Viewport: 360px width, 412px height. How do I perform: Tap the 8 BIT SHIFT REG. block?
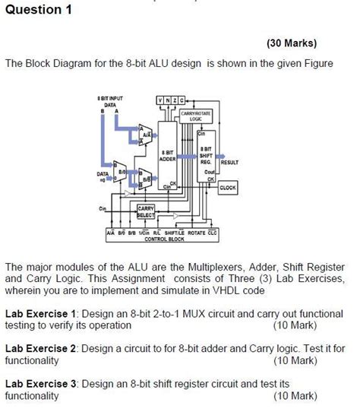(206, 156)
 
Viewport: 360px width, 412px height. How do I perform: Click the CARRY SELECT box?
(145, 210)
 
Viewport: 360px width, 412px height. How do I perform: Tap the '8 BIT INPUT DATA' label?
(110, 103)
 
